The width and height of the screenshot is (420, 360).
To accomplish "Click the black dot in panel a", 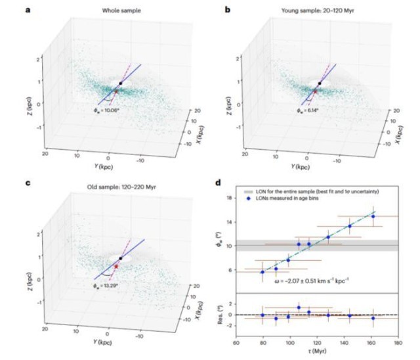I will coord(121,83).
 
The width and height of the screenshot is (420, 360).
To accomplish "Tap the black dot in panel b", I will coord(320,83).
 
